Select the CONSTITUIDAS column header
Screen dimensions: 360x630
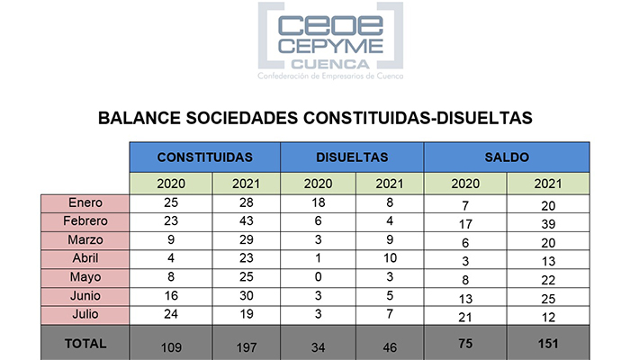(x=204, y=157)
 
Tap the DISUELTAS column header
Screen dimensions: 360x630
(x=352, y=157)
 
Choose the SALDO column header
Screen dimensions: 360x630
(x=507, y=157)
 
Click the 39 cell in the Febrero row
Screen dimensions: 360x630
(x=547, y=223)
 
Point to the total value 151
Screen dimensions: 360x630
(x=547, y=344)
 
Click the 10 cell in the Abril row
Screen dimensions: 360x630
(x=388, y=257)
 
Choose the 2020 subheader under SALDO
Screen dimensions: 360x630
(x=466, y=184)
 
